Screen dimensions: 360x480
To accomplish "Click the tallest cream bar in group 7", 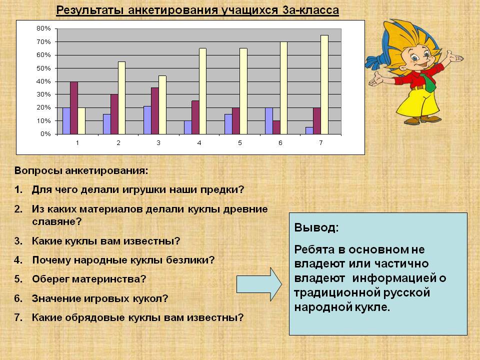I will [x=324, y=84].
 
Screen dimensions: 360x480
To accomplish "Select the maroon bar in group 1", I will [x=74, y=108].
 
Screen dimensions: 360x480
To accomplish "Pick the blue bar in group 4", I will [x=187, y=127].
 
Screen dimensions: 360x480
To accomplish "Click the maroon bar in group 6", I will [x=276, y=127].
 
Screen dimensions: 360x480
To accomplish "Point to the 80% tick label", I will [x=43, y=28].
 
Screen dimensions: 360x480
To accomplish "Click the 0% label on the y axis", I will [x=45, y=134].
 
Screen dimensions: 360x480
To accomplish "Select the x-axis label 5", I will [x=239, y=143].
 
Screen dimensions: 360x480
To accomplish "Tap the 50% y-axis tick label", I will [x=43, y=68].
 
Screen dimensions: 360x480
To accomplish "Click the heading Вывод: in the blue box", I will [x=316, y=227].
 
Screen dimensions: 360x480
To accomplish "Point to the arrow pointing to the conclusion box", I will [x=259, y=283].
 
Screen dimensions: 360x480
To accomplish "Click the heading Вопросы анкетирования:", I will [x=81, y=170].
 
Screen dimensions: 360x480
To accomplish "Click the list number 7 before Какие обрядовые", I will [x=18, y=317].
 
